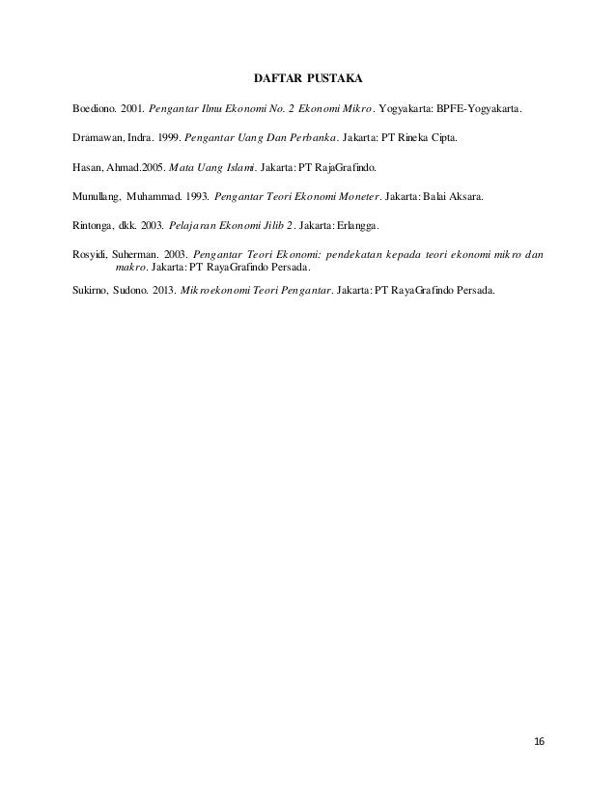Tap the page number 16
(x=539, y=740)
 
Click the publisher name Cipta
(x=439, y=138)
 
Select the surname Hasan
(x=88, y=166)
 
